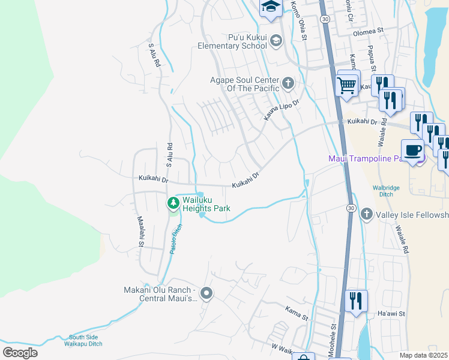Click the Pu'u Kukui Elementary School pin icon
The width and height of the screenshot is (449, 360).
pyautogui.click(x=276, y=41)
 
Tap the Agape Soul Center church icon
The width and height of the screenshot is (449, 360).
pyautogui.click(x=288, y=82)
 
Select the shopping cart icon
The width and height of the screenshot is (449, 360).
pyautogui.click(x=348, y=85)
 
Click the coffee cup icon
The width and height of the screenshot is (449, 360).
pyautogui.click(x=412, y=150)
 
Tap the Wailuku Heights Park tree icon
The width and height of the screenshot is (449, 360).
pyautogui.click(x=173, y=203)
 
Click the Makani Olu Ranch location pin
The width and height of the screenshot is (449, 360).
pyautogui.click(x=206, y=293)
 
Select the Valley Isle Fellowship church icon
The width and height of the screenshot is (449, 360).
pyautogui.click(x=367, y=214)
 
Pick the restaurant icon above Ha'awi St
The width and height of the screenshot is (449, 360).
pyautogui.click(x=357, y=301)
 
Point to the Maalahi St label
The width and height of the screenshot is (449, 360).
pyautogui.click(x=140, y=232)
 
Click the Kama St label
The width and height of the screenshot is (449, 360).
pyautogui.click(x=297, y=311)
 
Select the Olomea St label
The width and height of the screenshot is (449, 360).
pyautogui.click(x=368, y=31)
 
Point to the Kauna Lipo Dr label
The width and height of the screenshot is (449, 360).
pyautogui.click(x=282, y=109)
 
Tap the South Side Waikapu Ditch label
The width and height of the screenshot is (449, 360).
pyautogui.click(x=85, y=340)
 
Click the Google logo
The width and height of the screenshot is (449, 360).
pyautogui.click(x=20, y=353)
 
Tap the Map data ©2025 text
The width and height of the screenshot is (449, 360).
pyautogui.click(x=423, y=355)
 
